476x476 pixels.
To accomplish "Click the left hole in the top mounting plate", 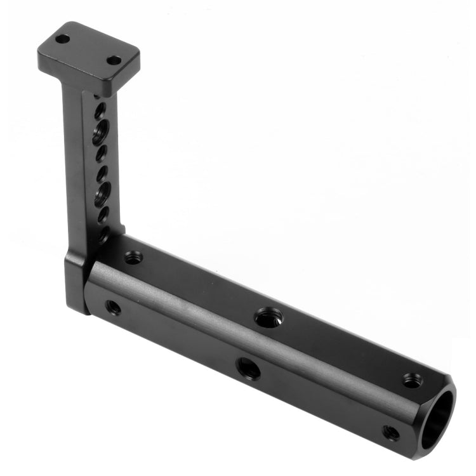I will [x=62, y=39].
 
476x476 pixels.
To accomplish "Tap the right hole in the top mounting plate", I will [x=114, y=60].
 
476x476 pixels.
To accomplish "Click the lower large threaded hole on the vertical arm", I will [x=102, y=194].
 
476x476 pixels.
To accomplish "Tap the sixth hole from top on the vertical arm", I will [x=103, y=215].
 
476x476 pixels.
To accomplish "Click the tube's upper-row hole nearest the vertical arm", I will [x=133, y=258].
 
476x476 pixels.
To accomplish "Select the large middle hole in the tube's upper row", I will [x=268, y=317].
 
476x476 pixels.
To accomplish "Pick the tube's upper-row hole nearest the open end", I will [x=413, y=381].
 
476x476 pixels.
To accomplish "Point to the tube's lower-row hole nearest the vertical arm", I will [x=113, y=308].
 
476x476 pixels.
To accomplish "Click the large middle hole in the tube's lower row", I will [x=248, y=368].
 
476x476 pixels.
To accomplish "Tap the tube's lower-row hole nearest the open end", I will [x=391, y=433].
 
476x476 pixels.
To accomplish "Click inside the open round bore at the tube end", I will [x=438, y=419].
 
